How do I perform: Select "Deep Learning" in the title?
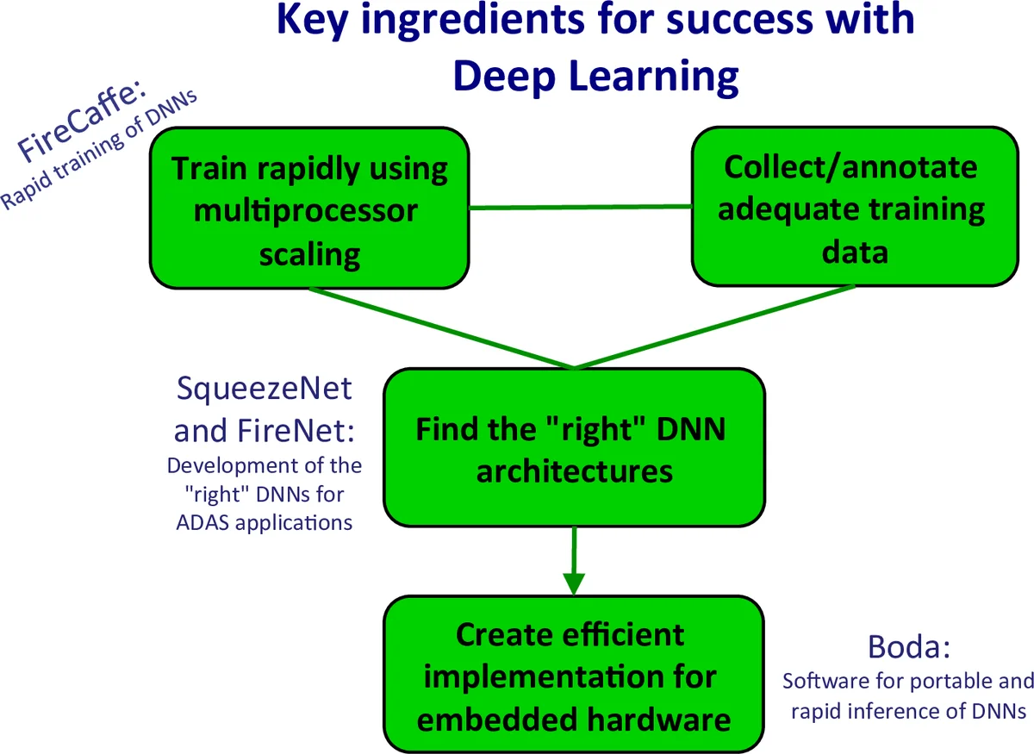tap(595, 76)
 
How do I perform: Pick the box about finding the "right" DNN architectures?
tap(573, 448)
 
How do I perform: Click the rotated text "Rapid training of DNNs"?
tap(99, 151)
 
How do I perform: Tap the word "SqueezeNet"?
tap(264, 389)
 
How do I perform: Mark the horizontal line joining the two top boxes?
tap(581, 208)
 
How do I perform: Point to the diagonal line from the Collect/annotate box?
tap(715, 327)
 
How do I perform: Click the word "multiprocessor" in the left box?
tap(306, 210)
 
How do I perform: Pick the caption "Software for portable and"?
tap(907, 681)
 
